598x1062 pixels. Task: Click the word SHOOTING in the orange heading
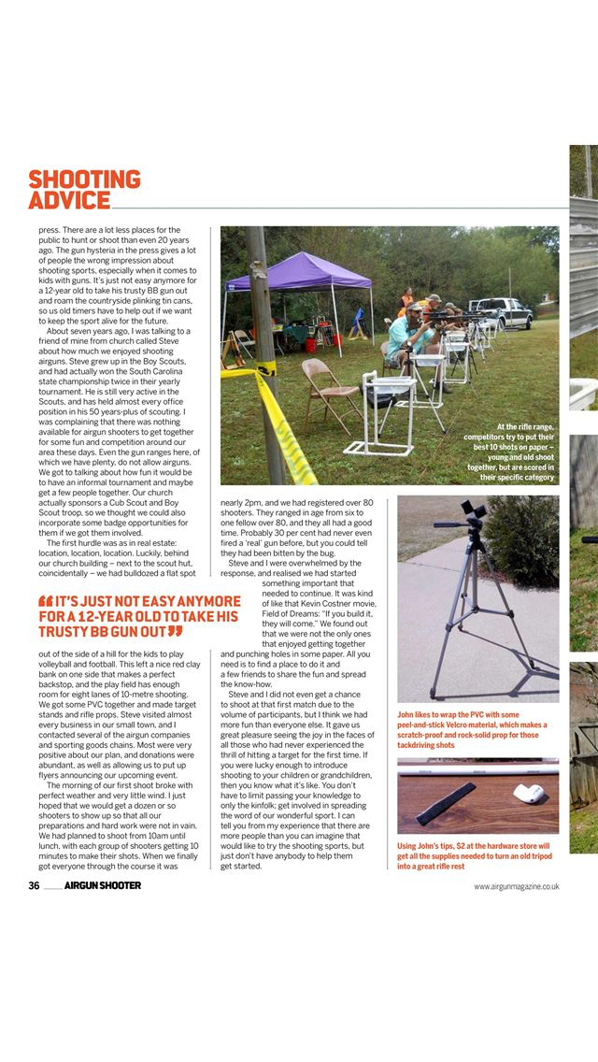(x=84, y=179)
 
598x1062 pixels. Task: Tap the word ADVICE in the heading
(x=69, y=201)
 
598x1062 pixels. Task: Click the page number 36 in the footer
(x=34, y=886)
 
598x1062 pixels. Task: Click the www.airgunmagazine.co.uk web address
(x=516, y=886)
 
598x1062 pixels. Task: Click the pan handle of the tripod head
(x=446, y=524)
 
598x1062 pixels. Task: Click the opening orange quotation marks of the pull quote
(x=45, y=600)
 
